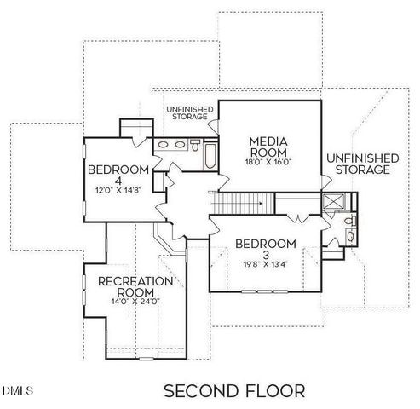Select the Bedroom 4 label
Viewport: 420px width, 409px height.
(118, 175)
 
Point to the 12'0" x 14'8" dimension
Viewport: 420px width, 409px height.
(118, 192)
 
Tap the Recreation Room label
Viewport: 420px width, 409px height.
(136, 287)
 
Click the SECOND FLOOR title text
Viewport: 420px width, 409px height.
(233, 391)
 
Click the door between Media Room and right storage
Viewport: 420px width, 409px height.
(324, 181)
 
